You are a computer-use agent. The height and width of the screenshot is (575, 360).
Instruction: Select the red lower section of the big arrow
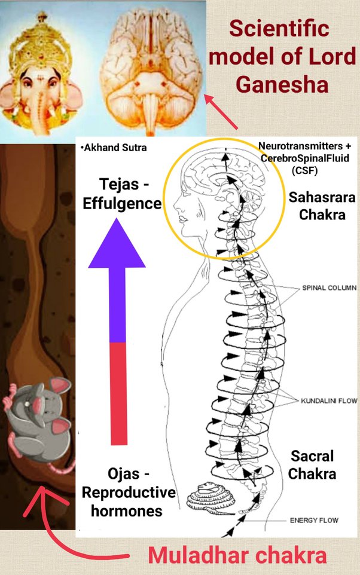(117, 392)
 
